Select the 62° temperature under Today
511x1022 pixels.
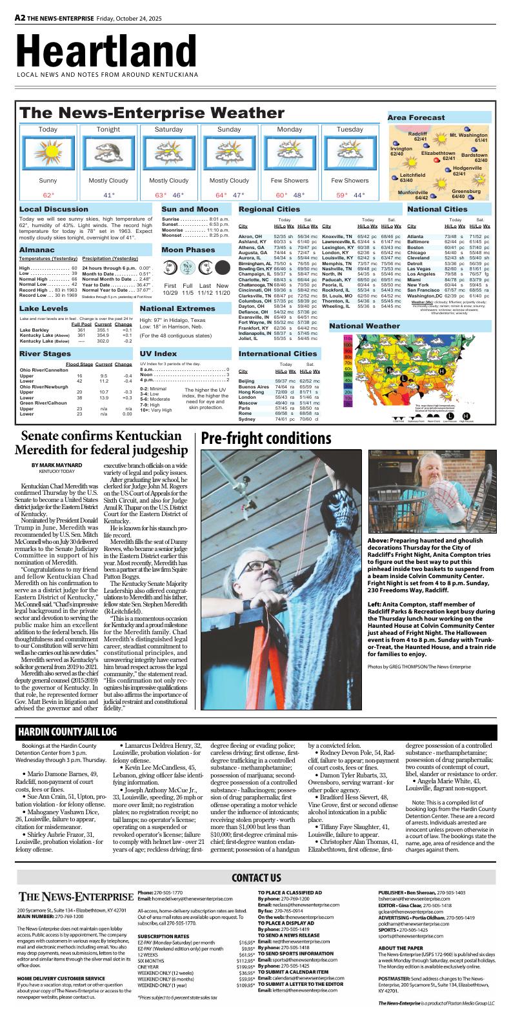(x=48, y=195)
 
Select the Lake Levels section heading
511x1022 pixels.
(x=43, y=309)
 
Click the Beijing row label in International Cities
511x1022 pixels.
(x=246, y=381)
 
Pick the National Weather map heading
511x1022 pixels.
(x=365, y=326)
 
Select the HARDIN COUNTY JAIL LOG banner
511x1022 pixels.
(x=67, y=732)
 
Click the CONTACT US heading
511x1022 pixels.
(x=255, y=877)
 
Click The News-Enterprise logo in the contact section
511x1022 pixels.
(x=75, y=897)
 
